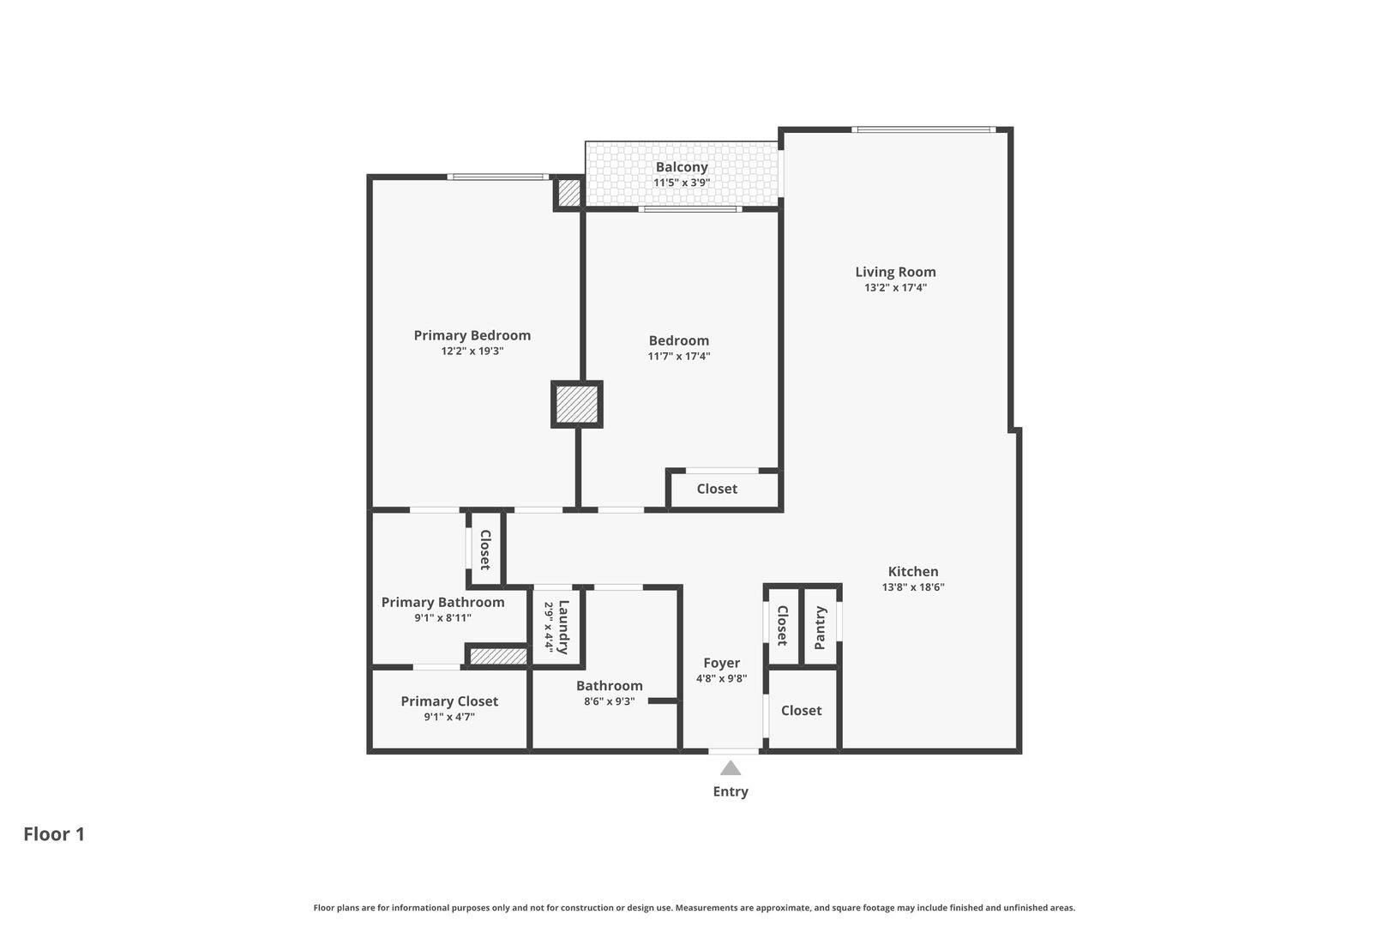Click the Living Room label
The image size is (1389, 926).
point(895,272)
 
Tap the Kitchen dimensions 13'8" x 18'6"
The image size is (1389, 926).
point(913,586)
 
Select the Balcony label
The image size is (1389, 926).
point(682,167)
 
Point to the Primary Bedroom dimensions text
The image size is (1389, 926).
point(472,351)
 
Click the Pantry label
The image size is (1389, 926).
point(820,628)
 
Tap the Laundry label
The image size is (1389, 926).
point(562,627)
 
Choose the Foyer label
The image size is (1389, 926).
point(721,663)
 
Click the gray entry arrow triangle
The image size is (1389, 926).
point(730,768)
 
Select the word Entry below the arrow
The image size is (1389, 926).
point(731,791)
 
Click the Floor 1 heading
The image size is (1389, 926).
point(54,834)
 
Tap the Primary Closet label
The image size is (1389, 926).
point(449,701)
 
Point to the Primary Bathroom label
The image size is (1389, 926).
point(442,602)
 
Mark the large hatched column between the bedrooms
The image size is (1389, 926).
point(577,405)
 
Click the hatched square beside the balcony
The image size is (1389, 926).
point(568,193)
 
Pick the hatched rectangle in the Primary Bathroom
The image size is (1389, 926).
point(498,656)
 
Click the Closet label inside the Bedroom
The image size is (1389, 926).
point(717,489)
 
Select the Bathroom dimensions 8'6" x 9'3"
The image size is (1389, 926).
point(609,701)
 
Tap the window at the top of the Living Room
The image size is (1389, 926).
point(923,129)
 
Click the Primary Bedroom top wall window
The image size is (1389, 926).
point(498,177)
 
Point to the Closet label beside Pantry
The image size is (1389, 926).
point(782,625)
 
